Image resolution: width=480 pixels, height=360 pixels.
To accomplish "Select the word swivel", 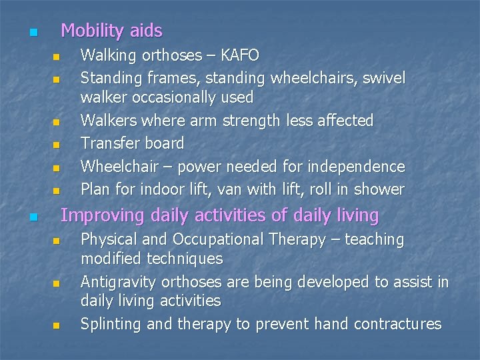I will pos(382,77).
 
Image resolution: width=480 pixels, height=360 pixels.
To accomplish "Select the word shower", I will pos(379,189).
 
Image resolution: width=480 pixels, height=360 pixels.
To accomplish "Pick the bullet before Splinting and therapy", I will pos(57,326).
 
